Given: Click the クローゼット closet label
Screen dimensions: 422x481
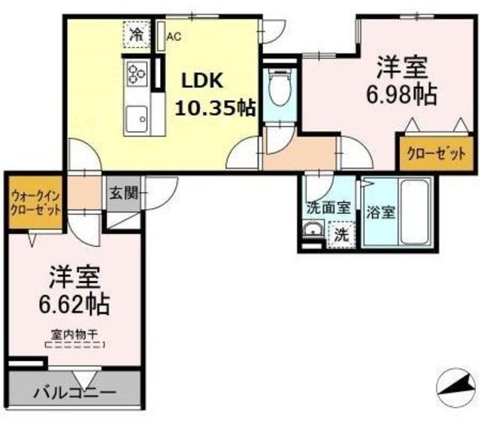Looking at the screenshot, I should [427, 154].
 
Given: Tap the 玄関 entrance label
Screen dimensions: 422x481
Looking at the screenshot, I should [123, 193].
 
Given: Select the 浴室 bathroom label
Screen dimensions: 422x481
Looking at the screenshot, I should [380, 211].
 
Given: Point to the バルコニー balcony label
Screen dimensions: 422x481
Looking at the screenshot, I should [74, 392].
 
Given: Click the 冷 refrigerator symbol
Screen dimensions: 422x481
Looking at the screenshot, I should [138, 34].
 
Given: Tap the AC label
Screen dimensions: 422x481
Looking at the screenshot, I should [174, 35].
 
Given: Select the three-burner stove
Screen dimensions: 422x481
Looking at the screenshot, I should [138, 74].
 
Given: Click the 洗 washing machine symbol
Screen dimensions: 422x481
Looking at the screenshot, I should [341, 234].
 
